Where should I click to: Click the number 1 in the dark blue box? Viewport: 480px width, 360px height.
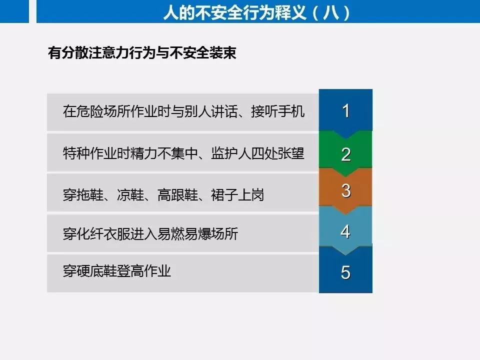(346, 111)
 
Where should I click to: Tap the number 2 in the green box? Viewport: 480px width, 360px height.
(346, 154)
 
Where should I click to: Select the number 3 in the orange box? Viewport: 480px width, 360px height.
(346, 190)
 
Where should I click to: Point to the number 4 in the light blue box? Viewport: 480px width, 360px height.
(345, 231)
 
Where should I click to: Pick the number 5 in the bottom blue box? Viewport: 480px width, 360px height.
(345, 272)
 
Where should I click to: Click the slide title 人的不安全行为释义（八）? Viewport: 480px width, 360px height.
(256, 13)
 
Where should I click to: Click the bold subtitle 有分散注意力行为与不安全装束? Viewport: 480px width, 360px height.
(142, 52)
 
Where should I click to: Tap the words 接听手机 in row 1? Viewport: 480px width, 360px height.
(277, 111)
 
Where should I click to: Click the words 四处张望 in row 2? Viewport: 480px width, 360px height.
(278, 153)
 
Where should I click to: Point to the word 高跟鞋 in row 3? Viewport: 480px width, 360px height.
(177, 195)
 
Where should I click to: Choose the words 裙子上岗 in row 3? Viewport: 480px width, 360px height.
(237, 195)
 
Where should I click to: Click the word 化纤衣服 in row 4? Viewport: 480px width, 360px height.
(103, 234)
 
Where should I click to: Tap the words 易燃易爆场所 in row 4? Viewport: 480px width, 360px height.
(198, 234)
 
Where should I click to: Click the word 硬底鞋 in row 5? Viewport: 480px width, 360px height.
(96, 271)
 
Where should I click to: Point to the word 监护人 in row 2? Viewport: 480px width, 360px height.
(231, 153)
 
